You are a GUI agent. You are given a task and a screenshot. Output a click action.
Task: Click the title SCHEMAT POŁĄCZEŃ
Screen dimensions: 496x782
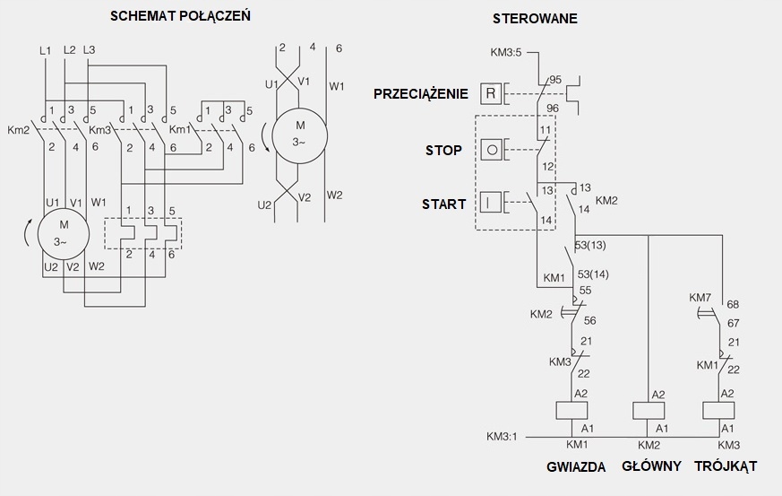(180, 16)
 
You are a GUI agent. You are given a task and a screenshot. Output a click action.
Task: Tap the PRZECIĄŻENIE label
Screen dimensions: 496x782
(421, 93)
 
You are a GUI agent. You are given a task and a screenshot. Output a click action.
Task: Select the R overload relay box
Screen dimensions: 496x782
(490, 92)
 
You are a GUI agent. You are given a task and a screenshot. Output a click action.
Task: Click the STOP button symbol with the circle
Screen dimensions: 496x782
(490, 148)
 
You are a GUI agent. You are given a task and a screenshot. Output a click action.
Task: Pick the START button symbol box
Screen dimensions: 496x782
(490, 202)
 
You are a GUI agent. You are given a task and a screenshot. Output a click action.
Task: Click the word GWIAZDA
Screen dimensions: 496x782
(576, 467)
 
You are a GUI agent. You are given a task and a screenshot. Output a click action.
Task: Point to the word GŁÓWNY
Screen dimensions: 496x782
(651, 466)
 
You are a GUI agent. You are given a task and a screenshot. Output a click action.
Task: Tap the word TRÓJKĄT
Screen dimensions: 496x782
(726, 466)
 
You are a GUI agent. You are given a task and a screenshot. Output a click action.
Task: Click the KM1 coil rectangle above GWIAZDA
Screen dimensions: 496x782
(571, 411)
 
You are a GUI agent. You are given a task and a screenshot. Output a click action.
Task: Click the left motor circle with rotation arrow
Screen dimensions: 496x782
(64, 231)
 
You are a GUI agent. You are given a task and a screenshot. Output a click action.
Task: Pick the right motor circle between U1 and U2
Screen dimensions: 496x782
(299, 133)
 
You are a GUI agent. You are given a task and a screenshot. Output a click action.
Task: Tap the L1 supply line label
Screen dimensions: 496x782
(46, 50)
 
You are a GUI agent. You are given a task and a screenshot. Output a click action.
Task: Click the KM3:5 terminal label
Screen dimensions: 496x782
(506, 53)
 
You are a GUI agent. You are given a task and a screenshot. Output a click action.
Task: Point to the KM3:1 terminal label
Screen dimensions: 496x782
(502, 437)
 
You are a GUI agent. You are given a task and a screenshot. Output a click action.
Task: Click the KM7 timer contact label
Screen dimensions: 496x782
(700, 297)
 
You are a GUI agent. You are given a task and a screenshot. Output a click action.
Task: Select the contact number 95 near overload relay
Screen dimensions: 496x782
(555, 80)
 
